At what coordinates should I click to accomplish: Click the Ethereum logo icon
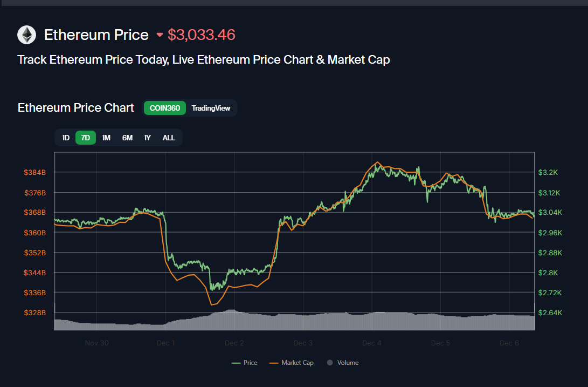point(26,35)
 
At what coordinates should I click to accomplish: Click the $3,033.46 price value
point(202,35)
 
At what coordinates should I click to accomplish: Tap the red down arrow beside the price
point(160,35)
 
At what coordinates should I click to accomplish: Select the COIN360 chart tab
point(165,108)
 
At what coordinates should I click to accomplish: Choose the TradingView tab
point(211,108)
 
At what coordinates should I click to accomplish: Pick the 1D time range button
point(66,138)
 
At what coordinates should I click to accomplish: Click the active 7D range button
point(85,138)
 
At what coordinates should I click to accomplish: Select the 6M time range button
point(127,138)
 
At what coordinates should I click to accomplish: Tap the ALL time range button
point(169,138)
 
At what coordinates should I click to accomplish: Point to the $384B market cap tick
point(36,172)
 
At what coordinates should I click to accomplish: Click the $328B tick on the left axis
point(36,313)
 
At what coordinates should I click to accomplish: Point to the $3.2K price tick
point(548,172)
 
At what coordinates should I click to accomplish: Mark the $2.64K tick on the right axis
point(550,313)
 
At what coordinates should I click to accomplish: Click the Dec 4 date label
point(372,343)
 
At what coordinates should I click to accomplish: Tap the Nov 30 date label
point(96,343)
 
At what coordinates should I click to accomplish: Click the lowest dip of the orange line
point(212,305)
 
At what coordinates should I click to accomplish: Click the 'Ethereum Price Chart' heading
point(75,107)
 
